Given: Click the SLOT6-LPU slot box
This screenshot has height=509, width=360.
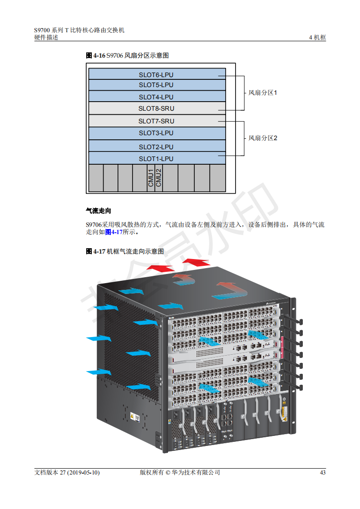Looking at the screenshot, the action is tap(157, 73).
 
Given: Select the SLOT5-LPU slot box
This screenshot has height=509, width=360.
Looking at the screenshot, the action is tap(157, 85).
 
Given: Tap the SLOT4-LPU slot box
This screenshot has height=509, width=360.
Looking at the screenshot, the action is tap(157, 97).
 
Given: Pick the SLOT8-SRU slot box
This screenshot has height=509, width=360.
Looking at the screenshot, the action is tap(157, 108).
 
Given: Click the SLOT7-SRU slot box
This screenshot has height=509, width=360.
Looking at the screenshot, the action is tap(157, 121).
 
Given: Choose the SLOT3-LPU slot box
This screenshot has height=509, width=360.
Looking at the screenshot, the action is tap(157, 133).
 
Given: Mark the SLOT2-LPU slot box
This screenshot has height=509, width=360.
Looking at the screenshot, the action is tap(157, 146).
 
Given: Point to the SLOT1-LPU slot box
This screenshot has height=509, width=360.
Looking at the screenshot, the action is tap(157, 158).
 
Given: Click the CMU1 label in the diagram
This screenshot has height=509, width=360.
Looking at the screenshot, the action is tap(151, 178).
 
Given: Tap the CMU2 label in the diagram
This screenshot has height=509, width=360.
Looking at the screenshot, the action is tap(158, 178).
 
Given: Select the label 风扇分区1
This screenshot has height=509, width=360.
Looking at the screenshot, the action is tap(262, 93).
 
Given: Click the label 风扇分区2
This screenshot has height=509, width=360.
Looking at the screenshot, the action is tap(262, 138).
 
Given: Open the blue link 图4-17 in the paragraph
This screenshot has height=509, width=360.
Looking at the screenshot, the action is tap(113, 232).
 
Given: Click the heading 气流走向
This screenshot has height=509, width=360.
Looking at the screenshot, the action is tap(99, 210).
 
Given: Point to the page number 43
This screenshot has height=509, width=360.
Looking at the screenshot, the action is tap(323, 473).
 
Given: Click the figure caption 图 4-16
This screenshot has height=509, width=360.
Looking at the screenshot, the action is tap(96, 55).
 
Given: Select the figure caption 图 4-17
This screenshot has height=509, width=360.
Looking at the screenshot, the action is tap(96, 252).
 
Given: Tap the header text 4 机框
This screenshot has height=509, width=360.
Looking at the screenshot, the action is tap(317, 38).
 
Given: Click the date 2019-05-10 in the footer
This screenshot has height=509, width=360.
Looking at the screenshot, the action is tap(83, 473).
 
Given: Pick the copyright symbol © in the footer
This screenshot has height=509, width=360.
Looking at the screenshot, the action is tap(168, 473).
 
